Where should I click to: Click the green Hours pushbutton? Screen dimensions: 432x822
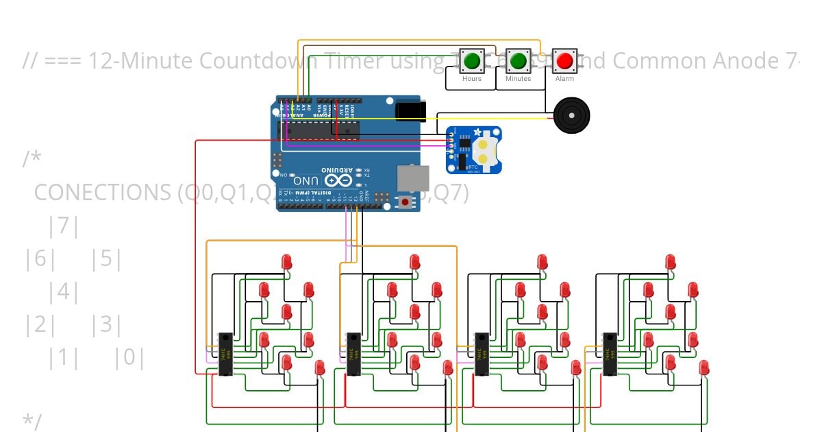(x=471, y=61)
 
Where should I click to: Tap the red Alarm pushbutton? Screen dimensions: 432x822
(x=564, y=61)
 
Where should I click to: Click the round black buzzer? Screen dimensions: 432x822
(x=571, y=115)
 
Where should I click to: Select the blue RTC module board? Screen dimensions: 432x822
(x=474, y=149)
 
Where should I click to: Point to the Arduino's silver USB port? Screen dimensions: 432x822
(x=412, y=179)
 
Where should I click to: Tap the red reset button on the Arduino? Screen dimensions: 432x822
(x=406, y=202)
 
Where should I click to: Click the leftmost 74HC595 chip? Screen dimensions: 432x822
(x=225, y=354)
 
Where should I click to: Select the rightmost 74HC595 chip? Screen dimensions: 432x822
(x=609, y=354)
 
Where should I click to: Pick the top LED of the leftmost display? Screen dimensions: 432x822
(x=286, y=261)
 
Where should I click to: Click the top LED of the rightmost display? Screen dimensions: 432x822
(x=670, y=261)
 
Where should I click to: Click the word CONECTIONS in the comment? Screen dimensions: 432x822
(x=103, y=193)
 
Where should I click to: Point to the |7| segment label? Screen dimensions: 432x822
(x=64, y=226)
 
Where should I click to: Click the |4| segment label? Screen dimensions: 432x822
(x=64, y=292)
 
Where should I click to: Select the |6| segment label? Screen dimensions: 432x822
(x=39, y=259)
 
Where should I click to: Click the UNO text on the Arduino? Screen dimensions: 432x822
(x=306, y=180)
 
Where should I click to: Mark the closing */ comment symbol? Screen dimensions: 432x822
(x=32, y=421)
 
